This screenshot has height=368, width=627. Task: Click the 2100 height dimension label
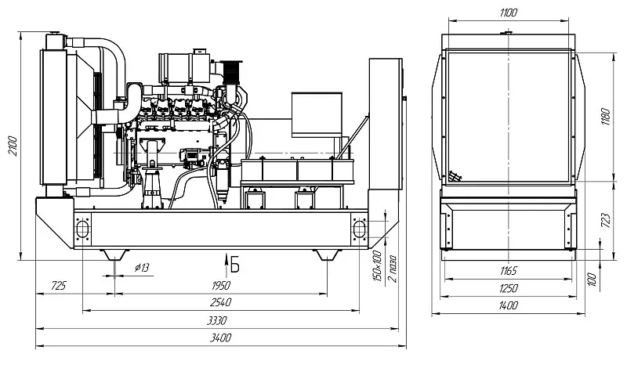(x=13, y=146)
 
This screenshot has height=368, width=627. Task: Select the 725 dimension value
(x=58, y=286)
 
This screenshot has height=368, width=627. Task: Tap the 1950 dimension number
(x=221, y=285)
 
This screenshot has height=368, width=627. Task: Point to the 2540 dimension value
(x=221, y=302)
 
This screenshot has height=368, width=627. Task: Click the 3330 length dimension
(x=217, y=320)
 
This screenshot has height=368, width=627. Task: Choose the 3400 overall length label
(x=221, y=338)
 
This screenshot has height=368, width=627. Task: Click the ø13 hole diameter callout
(x=142, y=267)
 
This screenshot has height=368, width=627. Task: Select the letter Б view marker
(x=234, y=265)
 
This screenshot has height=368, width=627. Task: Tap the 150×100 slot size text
(x=377, y=265)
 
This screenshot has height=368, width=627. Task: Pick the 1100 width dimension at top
(x=508, y=13)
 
